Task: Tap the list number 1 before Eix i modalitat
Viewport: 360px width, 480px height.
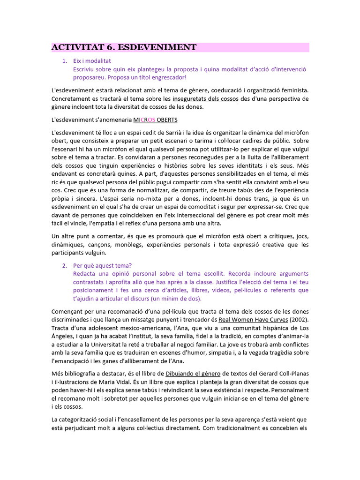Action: [x=65, y=61]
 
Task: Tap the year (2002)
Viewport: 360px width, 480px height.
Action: [x=299, y=320]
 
